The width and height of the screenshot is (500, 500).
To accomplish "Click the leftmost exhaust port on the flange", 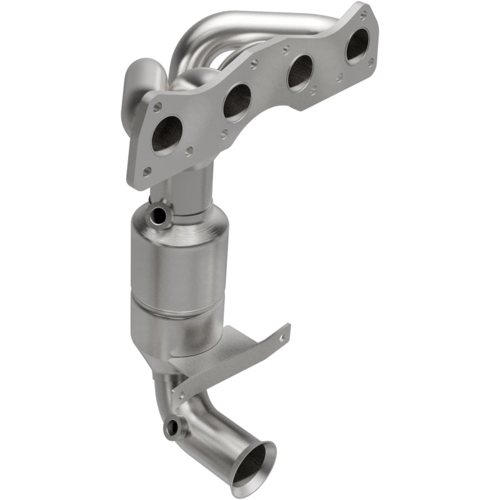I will tap(167, 133).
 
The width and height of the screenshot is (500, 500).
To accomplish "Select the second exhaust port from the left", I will tap(237, 100).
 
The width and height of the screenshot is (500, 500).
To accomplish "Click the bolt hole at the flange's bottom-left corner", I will tap(146, 170).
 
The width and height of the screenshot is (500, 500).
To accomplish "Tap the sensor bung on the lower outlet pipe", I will tap(172, 429).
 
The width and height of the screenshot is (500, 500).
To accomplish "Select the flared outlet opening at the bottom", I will tap(252, 462).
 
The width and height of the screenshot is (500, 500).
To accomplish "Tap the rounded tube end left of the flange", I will tap(142, 78).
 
